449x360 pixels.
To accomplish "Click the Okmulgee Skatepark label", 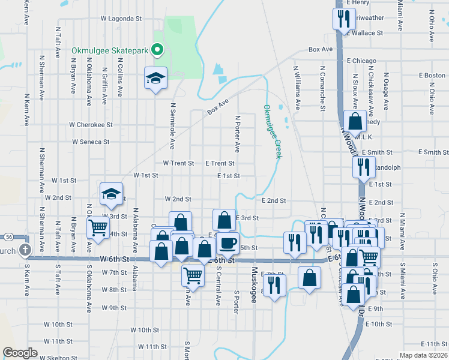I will pos(109,50).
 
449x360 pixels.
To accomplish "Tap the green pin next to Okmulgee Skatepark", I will pos(157,50).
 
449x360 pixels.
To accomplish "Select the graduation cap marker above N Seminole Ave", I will pos(155,79).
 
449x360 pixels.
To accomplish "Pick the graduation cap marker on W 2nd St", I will pos(111,194).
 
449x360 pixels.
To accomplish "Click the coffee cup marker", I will pos(228,243).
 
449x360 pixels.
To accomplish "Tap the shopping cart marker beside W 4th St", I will pos(98,228).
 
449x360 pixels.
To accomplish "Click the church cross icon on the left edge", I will pos(25,250).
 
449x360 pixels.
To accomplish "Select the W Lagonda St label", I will pos(121,19).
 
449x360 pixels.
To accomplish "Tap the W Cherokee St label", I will pos(91,125).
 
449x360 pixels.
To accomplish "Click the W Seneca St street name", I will pos(91,142).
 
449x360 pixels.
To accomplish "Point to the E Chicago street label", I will pos(361,61).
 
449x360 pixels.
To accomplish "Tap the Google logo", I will pos(20,353).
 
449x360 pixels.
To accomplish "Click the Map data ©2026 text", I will pos(423,355).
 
